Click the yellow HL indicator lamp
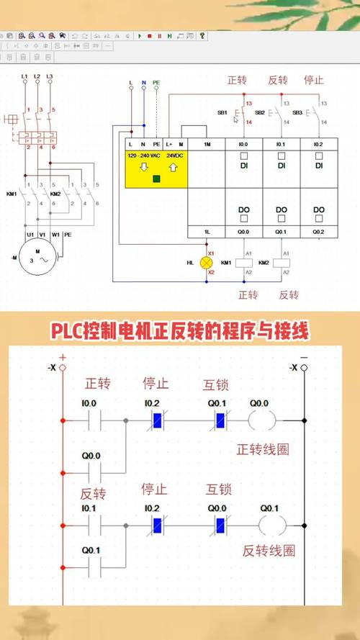tap(211, 263)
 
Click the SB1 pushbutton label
tap(222, 113)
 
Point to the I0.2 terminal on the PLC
tap(318, 145)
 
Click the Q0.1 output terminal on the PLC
tap(282, 232)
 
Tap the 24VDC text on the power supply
tap(176, 156)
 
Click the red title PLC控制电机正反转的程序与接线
tap(179, 331)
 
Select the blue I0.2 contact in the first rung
tap(154, 420)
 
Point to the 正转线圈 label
tap(263, 449)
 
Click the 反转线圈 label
tap(269, 551)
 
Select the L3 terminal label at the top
tap(50, 76)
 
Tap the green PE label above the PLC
tap(156, 84)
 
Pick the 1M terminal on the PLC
tap(207, 145)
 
